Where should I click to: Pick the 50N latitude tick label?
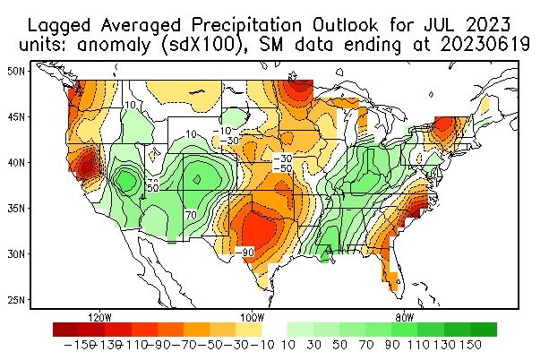pos(15,70)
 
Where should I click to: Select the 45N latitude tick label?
pos(15,116)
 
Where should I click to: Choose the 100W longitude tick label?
pos(252,318)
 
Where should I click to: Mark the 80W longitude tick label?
pos(404,318)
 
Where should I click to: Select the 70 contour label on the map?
pos(191,216)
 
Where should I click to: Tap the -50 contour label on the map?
pos(283,168)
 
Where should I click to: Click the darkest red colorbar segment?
pos(65,329)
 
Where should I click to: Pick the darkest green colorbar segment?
pos(484,329)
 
